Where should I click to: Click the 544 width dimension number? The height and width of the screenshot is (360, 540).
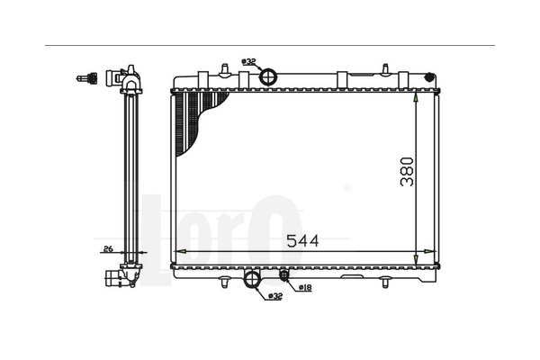[x=302, y=241]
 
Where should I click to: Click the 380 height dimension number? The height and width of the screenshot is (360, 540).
[x=407, y=172]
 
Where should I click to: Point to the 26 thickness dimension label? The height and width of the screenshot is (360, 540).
[x=108, y=248]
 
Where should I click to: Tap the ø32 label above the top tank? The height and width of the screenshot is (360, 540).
[x=248, y=62]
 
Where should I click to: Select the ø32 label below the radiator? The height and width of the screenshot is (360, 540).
[x=275, y=295]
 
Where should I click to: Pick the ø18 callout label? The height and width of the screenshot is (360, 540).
[x=305, y=287]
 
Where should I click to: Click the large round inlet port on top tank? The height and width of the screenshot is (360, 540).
[x=268, y=76]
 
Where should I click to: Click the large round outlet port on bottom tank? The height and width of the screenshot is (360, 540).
[x=252, y=278]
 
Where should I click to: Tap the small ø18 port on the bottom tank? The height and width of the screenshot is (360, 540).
[x=284, y=274]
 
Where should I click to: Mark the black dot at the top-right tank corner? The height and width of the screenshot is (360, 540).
[x=429, y=77]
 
